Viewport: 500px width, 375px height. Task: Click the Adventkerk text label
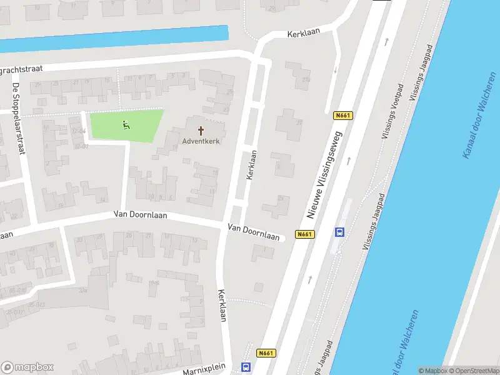coord(201,141)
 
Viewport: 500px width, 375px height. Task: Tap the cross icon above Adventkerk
coord(201,131)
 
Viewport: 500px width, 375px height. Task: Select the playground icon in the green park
coord(126,125)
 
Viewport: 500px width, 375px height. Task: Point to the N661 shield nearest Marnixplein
coord(266,353)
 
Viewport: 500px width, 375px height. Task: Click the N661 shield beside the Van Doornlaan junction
coord(304,234)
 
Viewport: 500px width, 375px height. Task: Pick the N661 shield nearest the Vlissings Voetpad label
coord(342,115)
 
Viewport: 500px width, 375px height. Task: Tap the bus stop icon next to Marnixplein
coord(246,367)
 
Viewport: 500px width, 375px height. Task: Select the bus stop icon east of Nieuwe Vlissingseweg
coord(339,232)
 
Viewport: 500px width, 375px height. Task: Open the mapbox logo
coord(27,367)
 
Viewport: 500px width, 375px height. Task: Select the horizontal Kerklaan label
coord(302,32)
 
